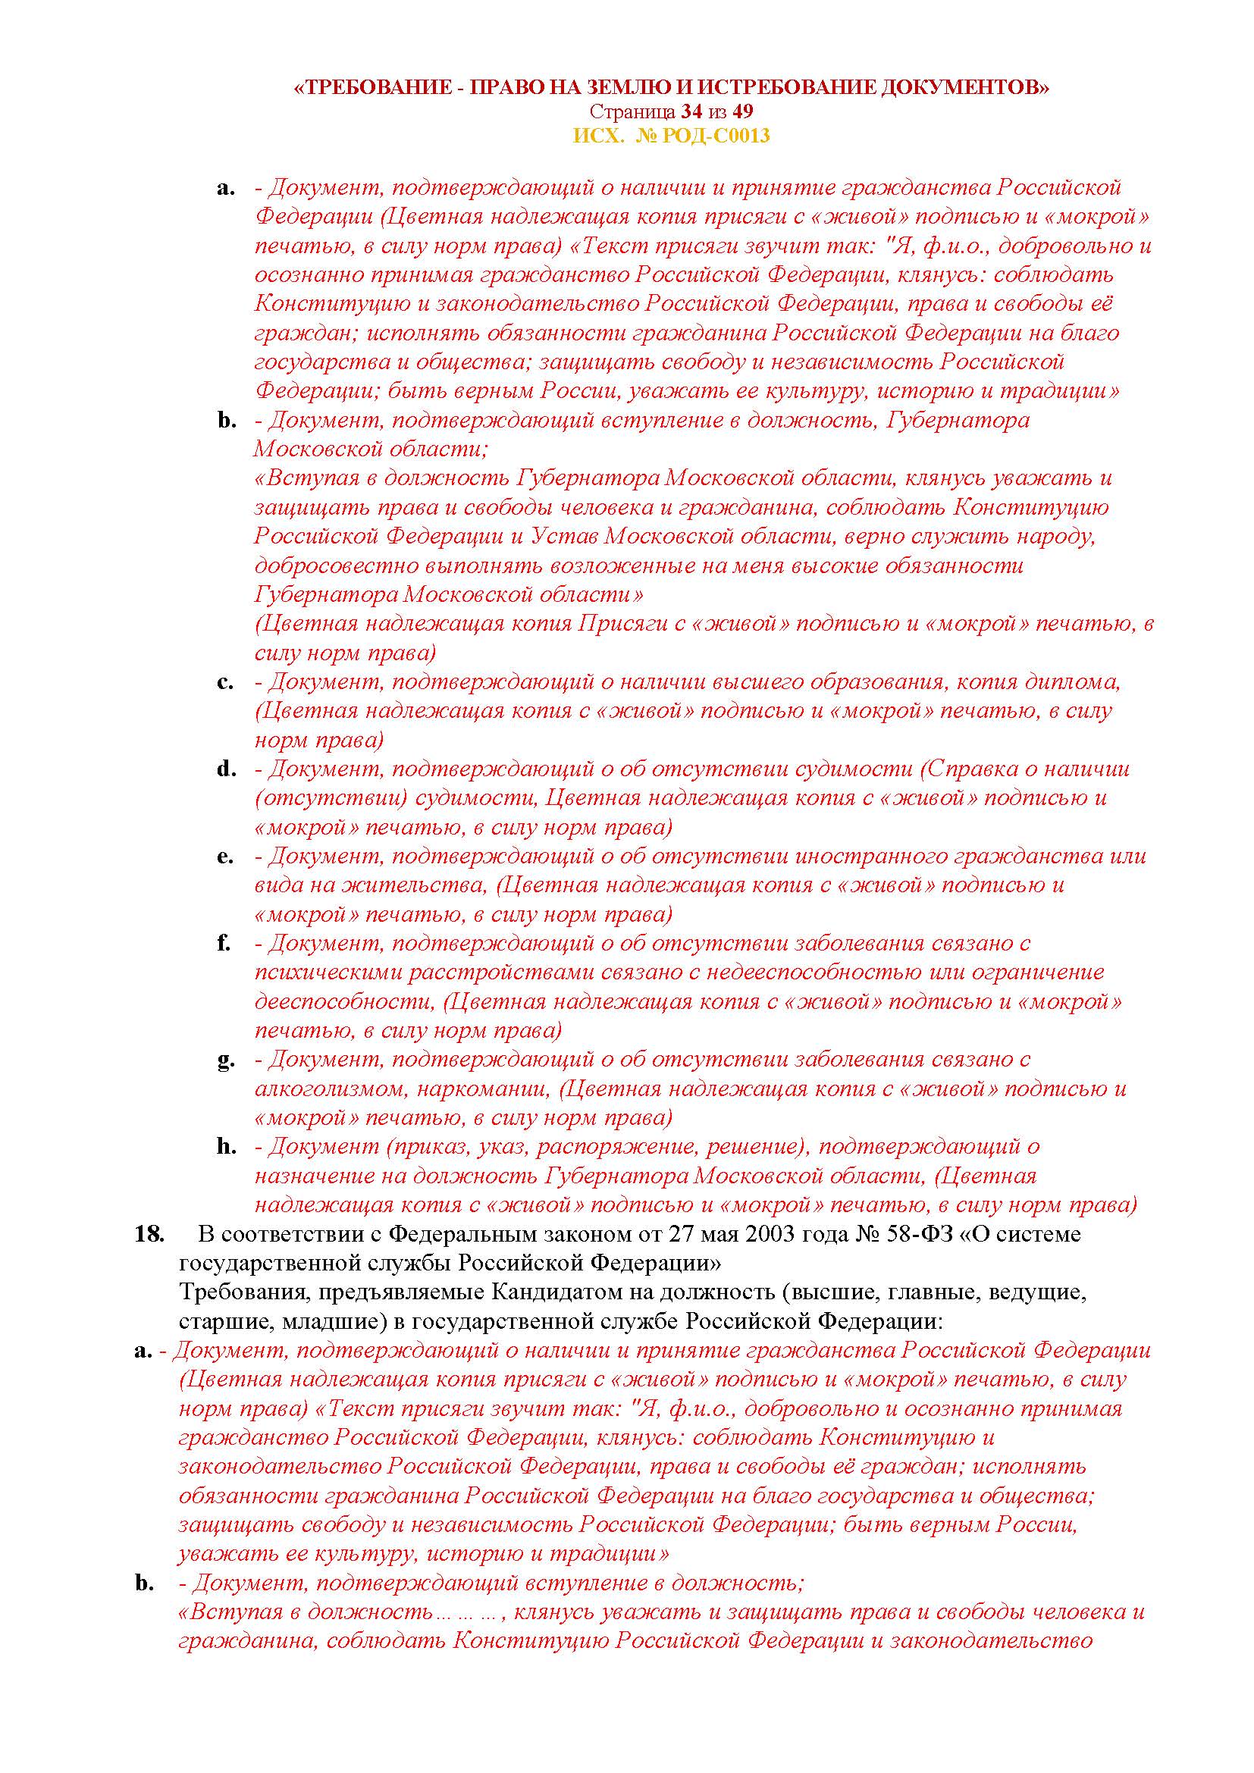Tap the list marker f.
point(224,943)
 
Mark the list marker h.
point(226,1147)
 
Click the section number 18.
point(150,1234)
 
